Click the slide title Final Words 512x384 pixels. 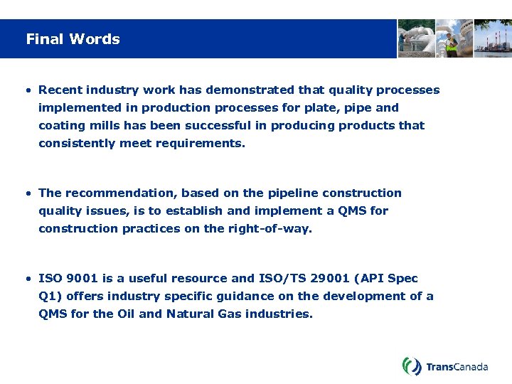click(73, 39)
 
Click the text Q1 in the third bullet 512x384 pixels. click(46, 297)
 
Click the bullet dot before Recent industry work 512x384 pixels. click(27, 90)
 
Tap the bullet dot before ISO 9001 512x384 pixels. click(27, 279)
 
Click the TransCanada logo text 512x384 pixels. click(457, 367)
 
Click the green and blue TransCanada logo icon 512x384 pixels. click(412, 366)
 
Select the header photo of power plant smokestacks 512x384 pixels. click(493, 38)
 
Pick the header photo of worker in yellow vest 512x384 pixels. click(454, 38)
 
